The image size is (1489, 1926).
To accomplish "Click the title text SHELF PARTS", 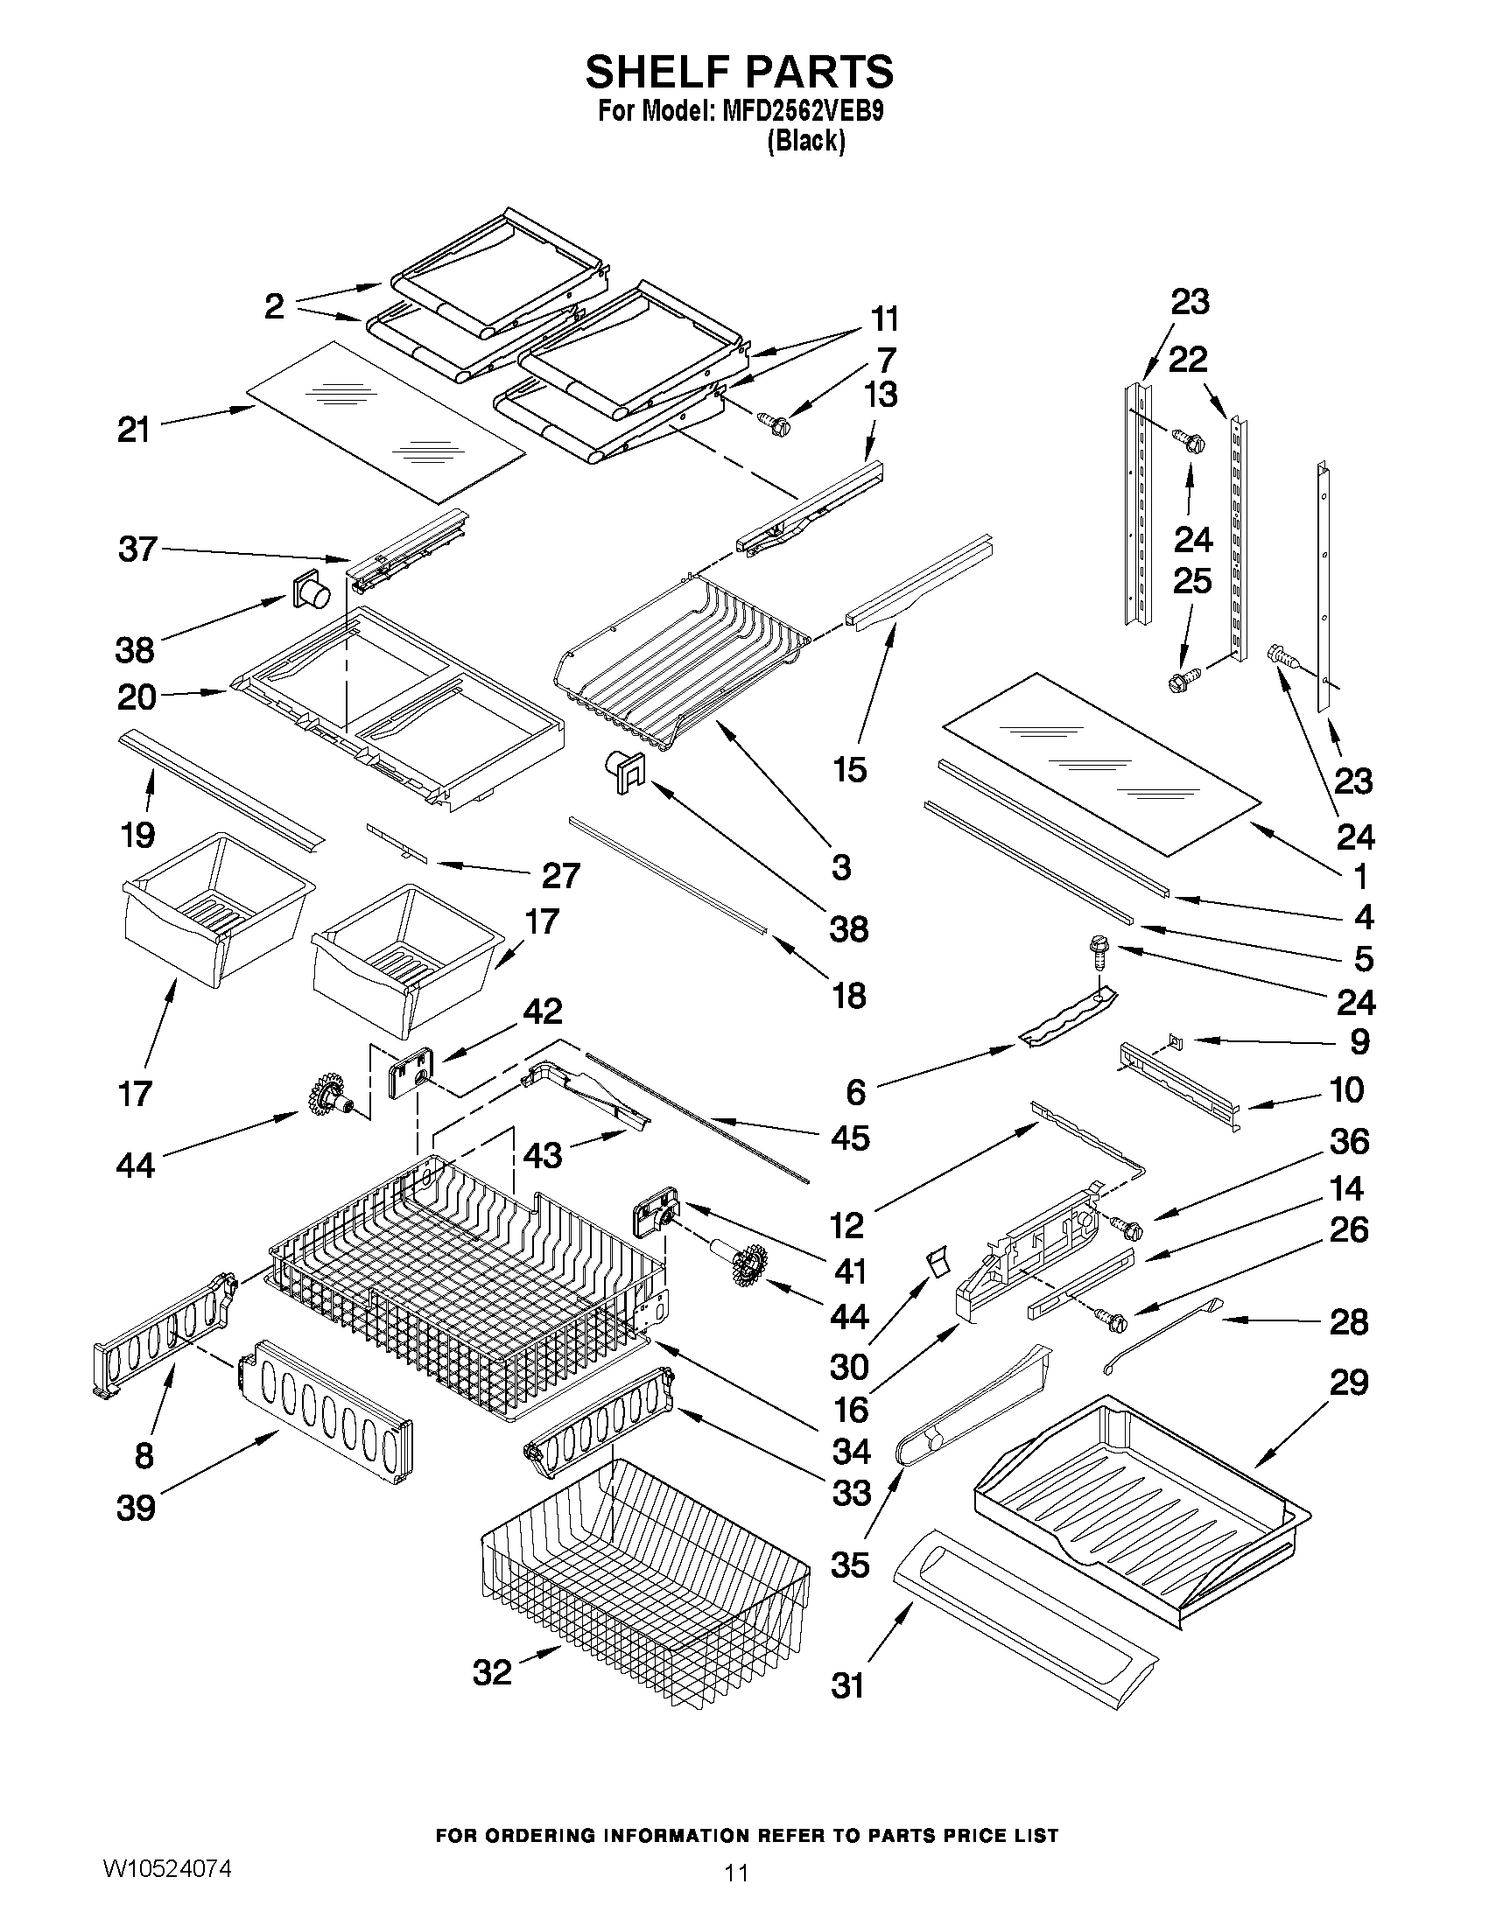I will point(739,72).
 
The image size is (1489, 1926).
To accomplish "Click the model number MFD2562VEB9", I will point(796,113).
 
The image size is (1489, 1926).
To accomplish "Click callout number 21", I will point(134,431).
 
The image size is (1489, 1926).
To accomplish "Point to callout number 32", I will point(492,1671).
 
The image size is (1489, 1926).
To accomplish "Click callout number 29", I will point(1349,1382).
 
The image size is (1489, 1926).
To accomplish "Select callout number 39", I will point(136,1507).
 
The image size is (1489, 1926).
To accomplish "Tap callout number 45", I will point(849,1138).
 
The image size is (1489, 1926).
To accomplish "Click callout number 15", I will point(849,769).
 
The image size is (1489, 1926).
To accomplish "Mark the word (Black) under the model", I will point(805,141).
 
